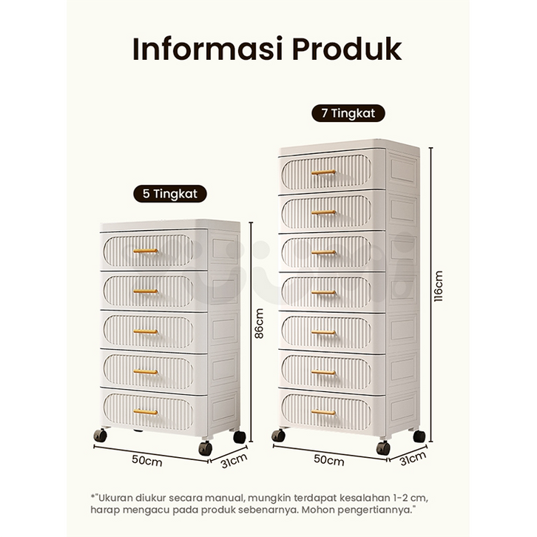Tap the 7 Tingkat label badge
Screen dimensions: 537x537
pos(348,113)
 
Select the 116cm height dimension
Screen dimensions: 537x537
pos(438,286)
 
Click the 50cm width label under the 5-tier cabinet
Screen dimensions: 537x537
pos(147,459)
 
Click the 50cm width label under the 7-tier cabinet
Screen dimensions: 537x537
pos(328,460)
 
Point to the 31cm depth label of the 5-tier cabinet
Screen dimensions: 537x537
pos(234,462)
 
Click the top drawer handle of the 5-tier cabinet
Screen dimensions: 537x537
pos(145,251)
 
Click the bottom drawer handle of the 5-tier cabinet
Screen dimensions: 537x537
pos(145,411)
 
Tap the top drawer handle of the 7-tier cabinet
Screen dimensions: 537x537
pos(323,172)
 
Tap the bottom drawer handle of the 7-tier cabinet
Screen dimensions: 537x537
pos(323,412)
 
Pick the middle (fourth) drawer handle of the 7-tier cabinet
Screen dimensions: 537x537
pos(323,292)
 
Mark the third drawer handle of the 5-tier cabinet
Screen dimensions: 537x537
pos(145,331)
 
